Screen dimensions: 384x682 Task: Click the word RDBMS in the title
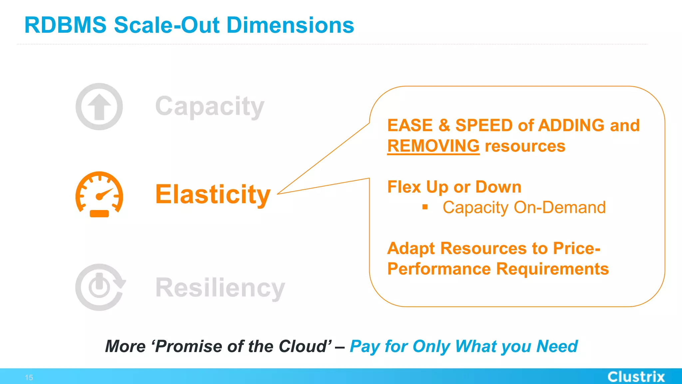tap(65, 25)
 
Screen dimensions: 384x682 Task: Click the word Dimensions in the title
tap(290, 25)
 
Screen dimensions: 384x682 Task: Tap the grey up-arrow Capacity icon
tap(99, 107)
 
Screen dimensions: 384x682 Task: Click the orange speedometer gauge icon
tap(99, 195)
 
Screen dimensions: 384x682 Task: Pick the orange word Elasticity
tap(213, 195)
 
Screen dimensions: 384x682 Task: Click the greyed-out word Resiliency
tap(220, 288)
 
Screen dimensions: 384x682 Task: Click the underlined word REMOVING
tap(433, 146)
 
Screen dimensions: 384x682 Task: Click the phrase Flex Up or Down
tap(454, 187)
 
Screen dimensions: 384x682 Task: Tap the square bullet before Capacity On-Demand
tap(425, 207)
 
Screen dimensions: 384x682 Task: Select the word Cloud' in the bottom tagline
tap(305, 346)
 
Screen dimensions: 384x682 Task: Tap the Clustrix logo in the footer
tap(636, 377)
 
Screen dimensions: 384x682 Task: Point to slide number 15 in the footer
tap(29, 378)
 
